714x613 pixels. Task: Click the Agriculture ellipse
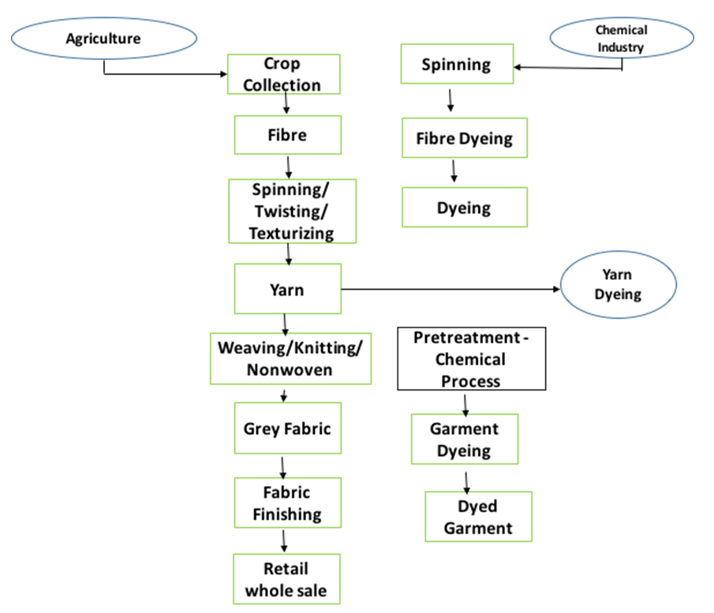coord(103,38)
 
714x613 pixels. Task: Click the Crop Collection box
coord(282,74)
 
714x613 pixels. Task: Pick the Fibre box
coord(287,135)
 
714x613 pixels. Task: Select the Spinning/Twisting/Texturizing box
coord(292,211)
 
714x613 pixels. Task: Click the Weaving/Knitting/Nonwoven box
coord(290,359)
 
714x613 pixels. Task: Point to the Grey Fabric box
coord(287,429)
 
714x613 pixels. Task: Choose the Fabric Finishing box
coord(287,503)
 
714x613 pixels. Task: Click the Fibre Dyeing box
coord(464,139)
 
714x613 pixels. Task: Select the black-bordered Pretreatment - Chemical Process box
coord(471,359)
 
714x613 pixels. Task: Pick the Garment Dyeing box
coord(464,439)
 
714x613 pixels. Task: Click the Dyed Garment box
coord(478,517)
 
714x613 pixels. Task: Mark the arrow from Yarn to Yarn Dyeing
coord(450,290)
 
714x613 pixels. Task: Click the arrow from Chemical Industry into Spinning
coord(568,68)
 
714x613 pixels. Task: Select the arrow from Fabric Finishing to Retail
coord(284,540)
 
